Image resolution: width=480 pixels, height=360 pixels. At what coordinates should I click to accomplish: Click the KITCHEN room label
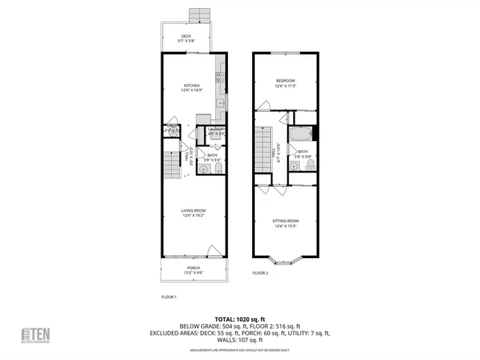coord(191,86)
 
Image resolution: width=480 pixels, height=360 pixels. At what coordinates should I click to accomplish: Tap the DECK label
coord(185,37)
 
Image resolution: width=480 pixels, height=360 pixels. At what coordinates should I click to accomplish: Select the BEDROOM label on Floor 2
coord(285,81)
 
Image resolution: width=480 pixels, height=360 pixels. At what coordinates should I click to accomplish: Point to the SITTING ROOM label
coord(285,221)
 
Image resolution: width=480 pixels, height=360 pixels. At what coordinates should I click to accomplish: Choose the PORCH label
coord(193,268)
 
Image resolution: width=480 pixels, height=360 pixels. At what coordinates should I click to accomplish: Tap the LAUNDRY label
coord(217,130)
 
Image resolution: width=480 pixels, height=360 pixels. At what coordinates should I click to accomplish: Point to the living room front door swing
coord(214,251)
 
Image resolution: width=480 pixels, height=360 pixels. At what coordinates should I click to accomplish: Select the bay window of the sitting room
coord(285,261)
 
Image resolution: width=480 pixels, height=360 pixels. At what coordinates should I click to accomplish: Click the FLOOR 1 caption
coord(169,297)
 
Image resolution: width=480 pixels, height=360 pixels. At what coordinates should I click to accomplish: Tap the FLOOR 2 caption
coord(260,272)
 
